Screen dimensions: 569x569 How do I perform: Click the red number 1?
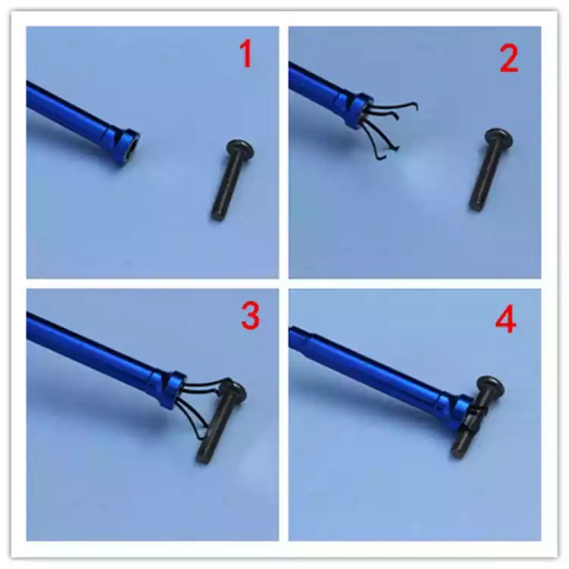(246, 55)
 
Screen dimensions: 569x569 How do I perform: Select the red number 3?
(250, 317)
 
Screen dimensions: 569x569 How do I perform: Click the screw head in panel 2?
(498, 138)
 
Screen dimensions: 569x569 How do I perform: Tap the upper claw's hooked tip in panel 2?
(415, 105)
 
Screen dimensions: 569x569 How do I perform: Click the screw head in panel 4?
(489, 385)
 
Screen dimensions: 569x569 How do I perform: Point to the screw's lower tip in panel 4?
(459, 452)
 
